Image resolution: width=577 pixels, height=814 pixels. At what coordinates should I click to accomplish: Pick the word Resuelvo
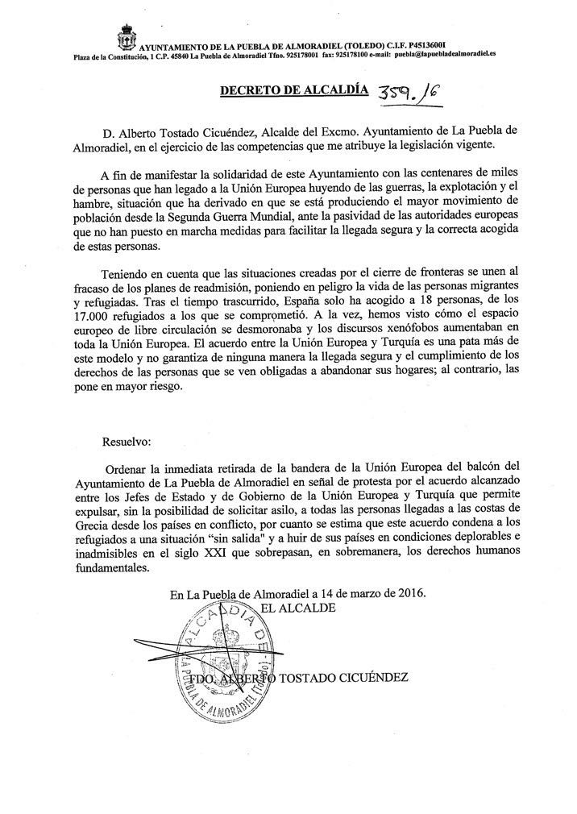(x=127, y=442)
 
